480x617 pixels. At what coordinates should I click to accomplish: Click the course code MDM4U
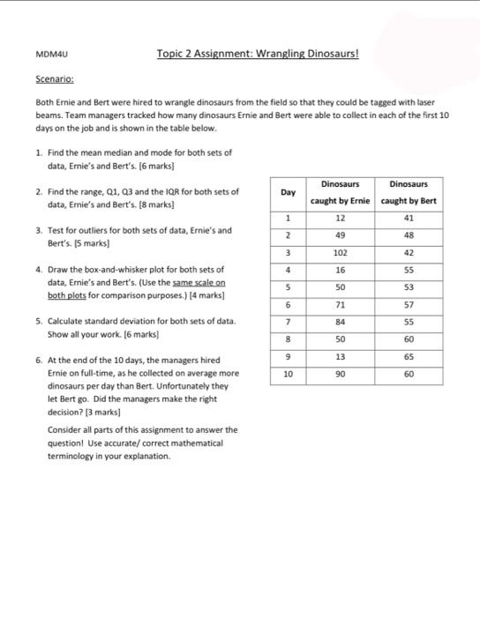(46, 55)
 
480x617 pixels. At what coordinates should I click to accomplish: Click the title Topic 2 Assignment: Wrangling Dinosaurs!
(258, 54)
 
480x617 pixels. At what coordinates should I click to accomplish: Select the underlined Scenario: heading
(53, 78)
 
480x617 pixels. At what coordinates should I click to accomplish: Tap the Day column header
(288, 192)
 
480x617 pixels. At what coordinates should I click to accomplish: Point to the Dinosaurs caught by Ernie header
(340, 192)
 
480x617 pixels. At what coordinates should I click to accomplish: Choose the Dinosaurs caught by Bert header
(409, 192)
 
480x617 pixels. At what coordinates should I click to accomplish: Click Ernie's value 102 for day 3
(340, 252)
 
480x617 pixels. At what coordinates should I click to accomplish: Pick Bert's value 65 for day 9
(409, 356)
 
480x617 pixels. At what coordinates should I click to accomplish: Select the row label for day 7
(288, 322)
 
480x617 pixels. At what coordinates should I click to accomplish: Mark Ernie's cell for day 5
(340, 287)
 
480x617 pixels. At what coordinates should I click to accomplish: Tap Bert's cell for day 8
(409, 338)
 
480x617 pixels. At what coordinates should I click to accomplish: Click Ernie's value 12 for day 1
(340, 218)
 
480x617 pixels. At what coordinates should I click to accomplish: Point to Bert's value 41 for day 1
(409, 218)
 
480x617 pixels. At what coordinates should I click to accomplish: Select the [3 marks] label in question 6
(101, 411)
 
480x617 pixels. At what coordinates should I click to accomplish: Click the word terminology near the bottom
(73, 457)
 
